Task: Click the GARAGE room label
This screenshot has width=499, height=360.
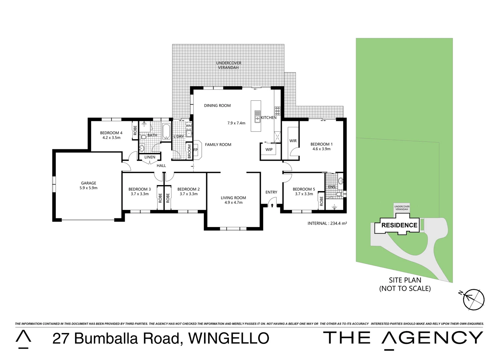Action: click(88, 183)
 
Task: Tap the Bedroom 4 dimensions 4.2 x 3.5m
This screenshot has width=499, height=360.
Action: click(111, 138)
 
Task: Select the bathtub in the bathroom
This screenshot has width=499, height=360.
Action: click(166, 132)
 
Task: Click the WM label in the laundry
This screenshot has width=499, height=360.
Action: click(189, 126)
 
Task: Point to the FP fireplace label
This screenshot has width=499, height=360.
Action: click(195, 150)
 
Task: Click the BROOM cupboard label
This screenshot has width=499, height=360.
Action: click(189, 151)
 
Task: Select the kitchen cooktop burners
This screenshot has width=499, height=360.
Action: click(278, 110)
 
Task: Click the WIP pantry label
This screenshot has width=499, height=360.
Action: click(269, 150)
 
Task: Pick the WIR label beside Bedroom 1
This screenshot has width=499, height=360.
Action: click(293, 141)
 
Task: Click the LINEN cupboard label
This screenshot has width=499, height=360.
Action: click(150, 157)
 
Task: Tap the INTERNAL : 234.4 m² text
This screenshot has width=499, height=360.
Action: click(327, 224)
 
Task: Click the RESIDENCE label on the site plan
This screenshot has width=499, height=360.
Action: click(399, 225)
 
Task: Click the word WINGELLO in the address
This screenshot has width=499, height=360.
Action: click(229, 338)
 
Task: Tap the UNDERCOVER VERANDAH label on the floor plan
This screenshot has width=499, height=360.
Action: click(228, 65)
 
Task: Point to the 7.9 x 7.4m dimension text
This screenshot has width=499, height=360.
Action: click(236, 123)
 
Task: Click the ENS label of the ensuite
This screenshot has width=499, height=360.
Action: click(332, 187)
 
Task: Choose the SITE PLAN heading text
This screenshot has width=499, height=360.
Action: click(405, 280)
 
